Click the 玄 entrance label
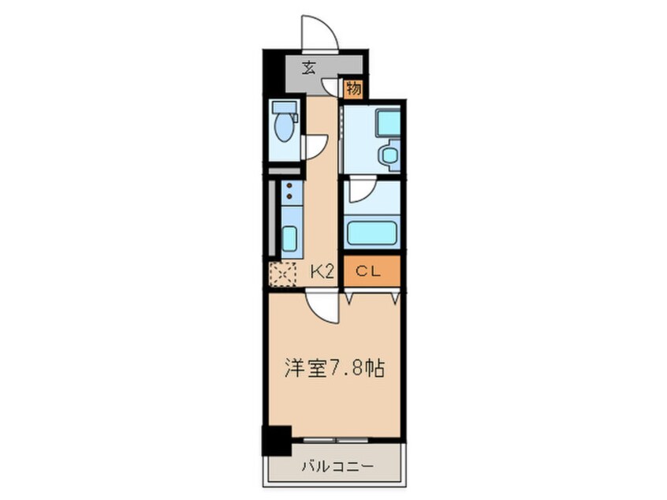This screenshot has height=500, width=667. point(309,68)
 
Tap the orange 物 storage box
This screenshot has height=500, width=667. point(353,89)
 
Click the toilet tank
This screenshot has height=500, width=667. point(283,106)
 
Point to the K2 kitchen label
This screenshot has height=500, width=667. point(322,271)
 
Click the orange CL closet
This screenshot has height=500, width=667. point(372,271)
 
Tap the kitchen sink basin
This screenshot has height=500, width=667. point(289,238)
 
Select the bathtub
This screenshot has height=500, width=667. point(372,232)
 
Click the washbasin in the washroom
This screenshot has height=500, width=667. point(389,155)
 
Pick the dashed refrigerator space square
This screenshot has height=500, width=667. point(282,274)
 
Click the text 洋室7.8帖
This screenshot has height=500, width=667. point(335,369)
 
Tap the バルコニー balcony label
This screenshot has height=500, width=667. point(338,467)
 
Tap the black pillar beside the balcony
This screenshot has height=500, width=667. point(277,440)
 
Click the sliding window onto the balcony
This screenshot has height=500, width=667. point(336,439)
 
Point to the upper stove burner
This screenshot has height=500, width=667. point(289,186)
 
